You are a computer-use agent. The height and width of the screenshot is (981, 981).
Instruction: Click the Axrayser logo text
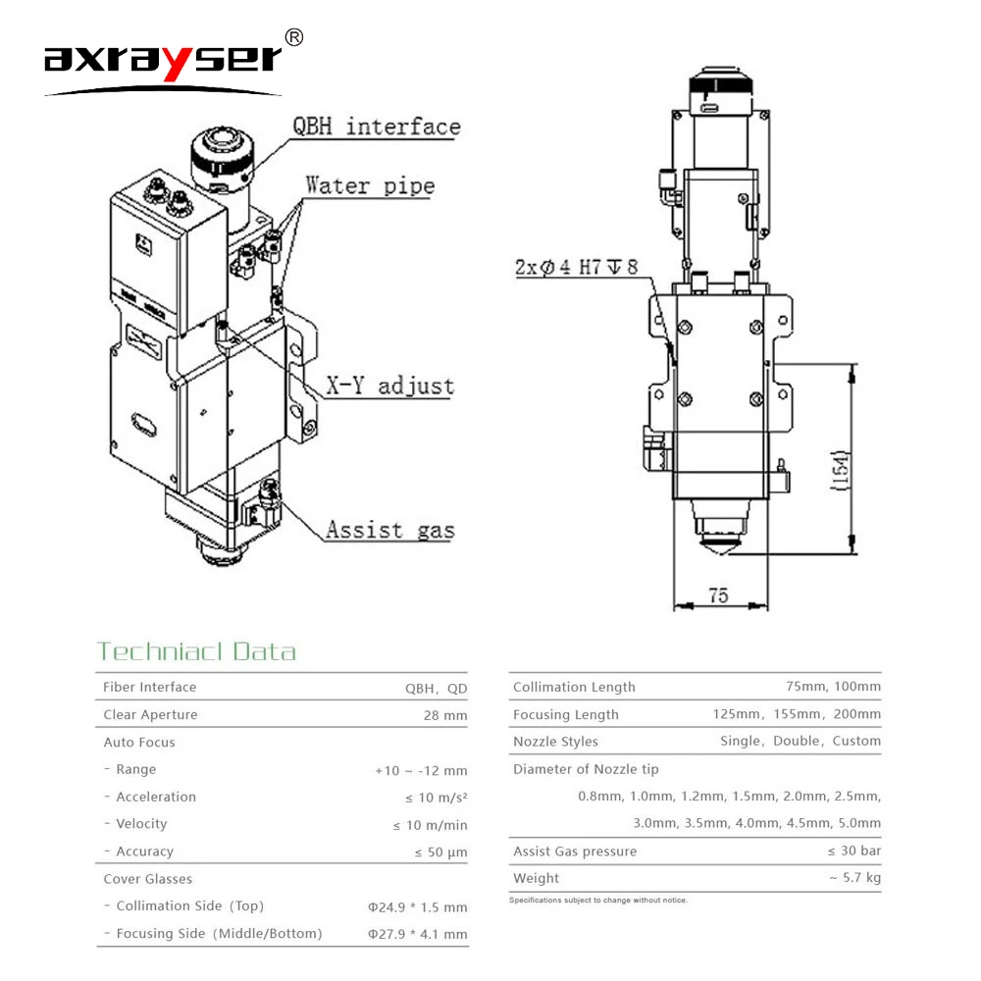(162, 60)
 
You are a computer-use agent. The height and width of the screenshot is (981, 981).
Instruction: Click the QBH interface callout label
(376, 127)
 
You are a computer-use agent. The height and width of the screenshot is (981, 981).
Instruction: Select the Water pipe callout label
(369, 184)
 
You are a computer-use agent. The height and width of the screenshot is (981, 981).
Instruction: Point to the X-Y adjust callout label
(389, 386)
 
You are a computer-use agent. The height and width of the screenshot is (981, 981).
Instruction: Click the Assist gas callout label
(389, 531)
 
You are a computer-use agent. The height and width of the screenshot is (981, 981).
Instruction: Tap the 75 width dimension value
(719, 595)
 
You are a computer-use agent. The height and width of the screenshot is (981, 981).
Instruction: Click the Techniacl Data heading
(195, 652)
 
